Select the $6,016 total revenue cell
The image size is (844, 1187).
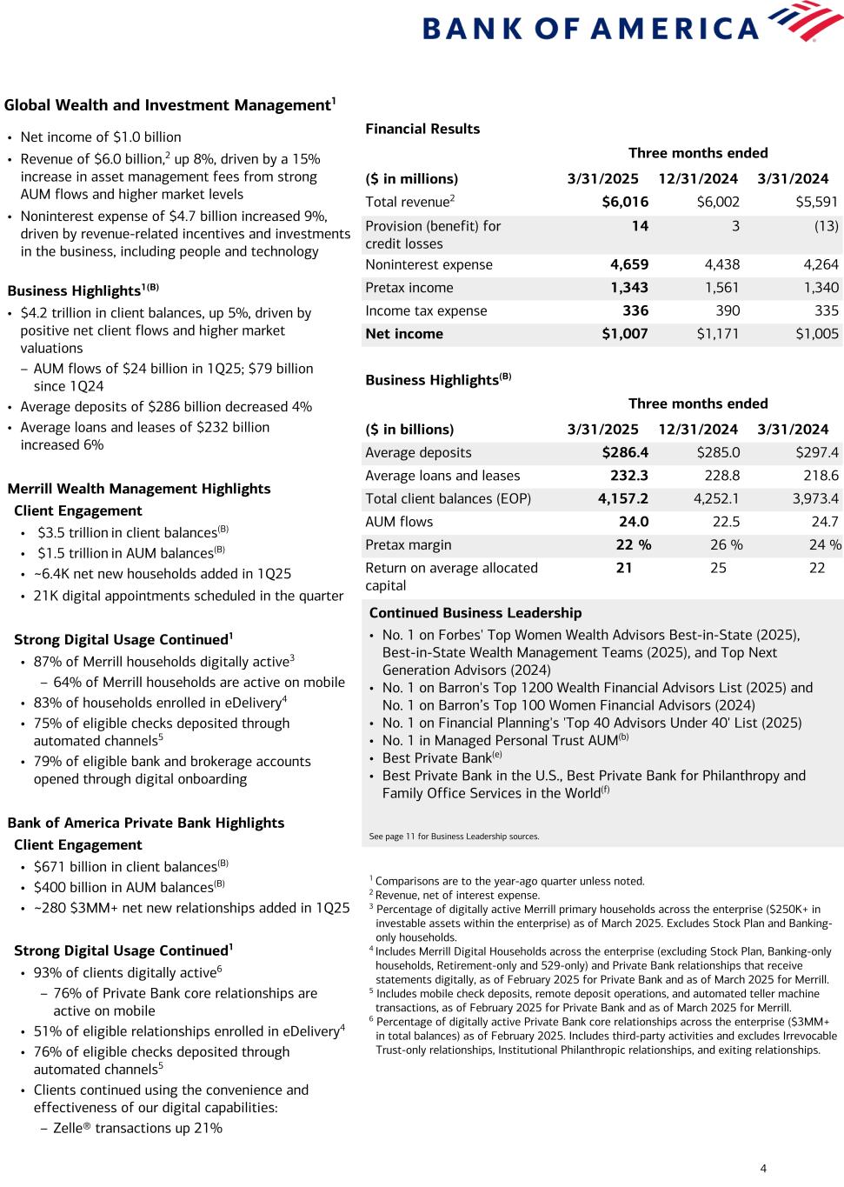point(624,202)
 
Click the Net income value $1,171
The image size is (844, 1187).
point(717,334)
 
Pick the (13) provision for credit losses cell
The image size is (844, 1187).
point(826,226)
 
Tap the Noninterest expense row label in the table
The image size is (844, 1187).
point(429,265)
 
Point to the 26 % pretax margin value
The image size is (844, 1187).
point(726,545)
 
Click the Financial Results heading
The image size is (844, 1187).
point(422,129)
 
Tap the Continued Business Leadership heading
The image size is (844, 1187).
point(475,613)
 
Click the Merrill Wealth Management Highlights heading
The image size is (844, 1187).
point(138,489)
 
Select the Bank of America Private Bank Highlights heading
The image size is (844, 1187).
point(145,823)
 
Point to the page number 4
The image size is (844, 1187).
point(763,1168)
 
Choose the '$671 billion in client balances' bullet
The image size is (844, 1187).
point(125,867)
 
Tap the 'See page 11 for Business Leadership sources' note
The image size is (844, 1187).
point(454,837)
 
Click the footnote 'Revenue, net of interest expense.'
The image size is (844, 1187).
point(457,895)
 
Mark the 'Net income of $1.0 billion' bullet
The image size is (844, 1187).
point(101,137)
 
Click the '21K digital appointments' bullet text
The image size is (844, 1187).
point(188,597)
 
